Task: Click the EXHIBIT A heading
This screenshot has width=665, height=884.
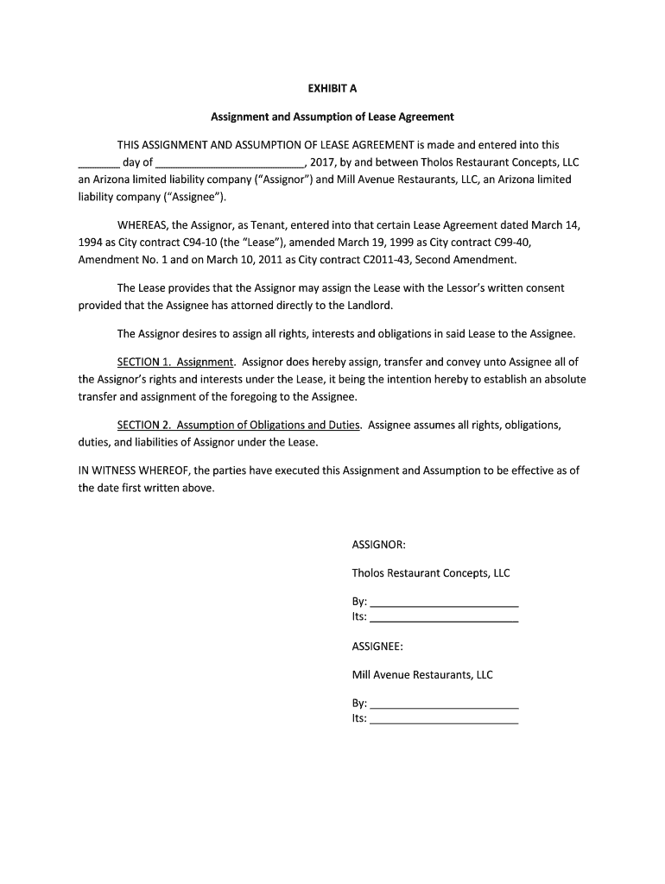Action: tap(332, 87)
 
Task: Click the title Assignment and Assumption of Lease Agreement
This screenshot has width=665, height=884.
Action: tap(332, 116)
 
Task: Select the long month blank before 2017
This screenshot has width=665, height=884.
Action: tap(231, 164)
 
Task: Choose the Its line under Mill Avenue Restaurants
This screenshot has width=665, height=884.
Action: tap(443, 720)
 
